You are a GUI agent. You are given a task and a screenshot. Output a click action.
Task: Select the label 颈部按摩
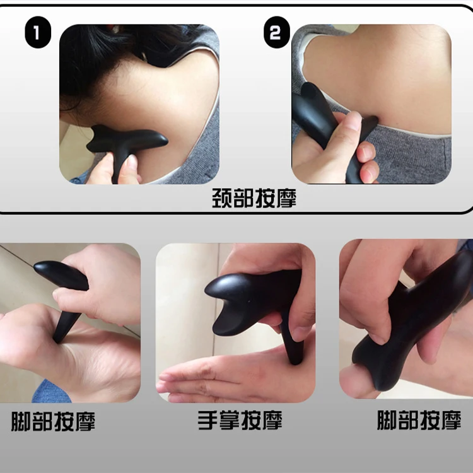pyautogui.click(x=254, y=199)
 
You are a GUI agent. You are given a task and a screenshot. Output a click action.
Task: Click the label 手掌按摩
pyautogui.click(x=240, y=421)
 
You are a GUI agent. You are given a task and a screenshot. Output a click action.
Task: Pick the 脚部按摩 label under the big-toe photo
pyautogui.click(x=419, y=421)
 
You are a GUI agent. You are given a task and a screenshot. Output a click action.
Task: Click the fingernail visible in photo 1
pyautogui.click(x=130, y=164)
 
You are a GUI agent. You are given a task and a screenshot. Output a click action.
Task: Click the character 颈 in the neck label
pyautogui.click(x=223, y=199)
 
